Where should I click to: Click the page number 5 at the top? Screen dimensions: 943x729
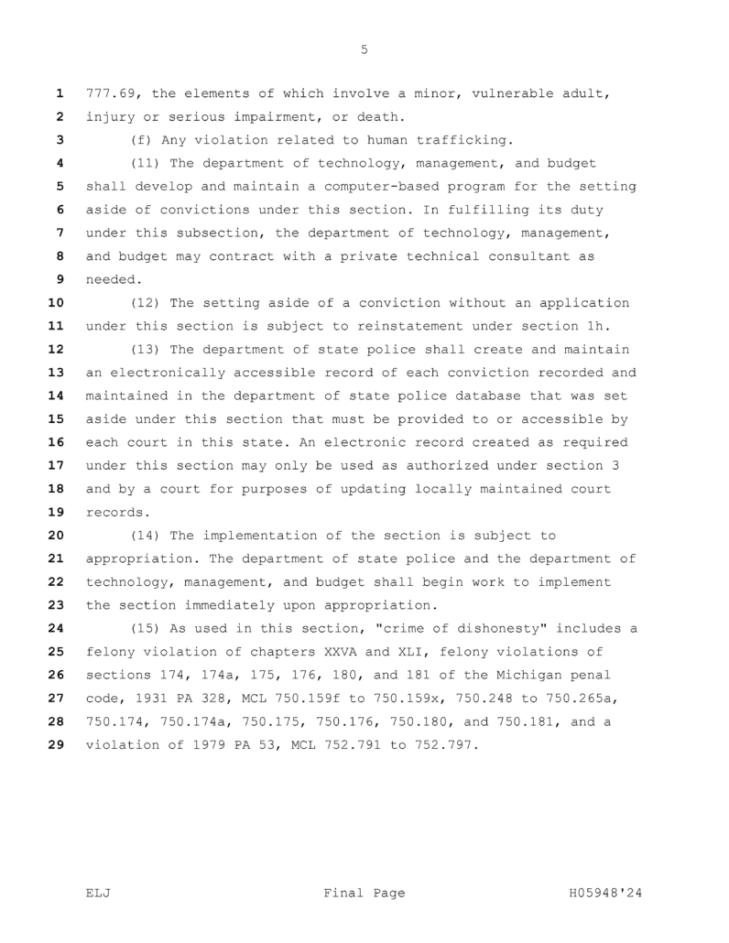364,50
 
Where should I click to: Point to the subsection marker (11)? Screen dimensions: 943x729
147,163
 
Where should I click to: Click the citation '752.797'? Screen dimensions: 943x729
446,745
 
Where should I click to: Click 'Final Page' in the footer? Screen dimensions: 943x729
364,893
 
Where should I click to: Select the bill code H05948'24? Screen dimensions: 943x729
600,893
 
